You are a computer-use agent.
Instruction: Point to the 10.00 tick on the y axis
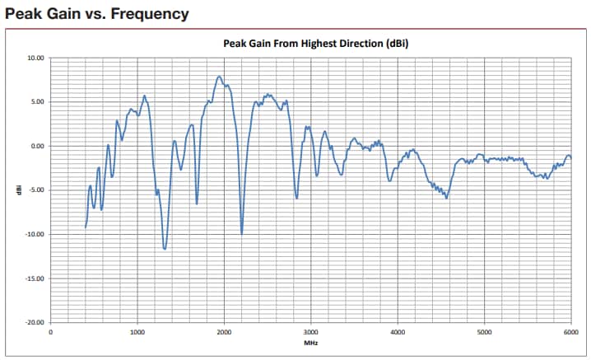pos(35,58)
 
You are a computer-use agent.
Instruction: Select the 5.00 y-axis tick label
pos(37,102)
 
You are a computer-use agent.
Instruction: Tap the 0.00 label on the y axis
pos(37,146)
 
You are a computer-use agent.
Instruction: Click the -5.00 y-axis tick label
pos(36,190)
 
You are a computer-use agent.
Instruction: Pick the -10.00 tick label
pos(35,234)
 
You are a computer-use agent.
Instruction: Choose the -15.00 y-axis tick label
pos(35,278)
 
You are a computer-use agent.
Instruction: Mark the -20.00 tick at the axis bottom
pos(35,322)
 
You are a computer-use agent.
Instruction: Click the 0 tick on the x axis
pos(51,332)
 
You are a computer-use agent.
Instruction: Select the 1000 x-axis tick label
pos(137,332)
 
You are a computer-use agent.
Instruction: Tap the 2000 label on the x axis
pos(224,332)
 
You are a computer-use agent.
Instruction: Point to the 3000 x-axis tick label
pos(311,332)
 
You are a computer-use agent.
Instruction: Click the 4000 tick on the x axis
pos(398,332)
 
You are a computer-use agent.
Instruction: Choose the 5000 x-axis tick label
pos(484,332)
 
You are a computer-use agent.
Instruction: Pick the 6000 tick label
pos(570,332)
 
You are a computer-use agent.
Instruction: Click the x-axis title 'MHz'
pos(310,343)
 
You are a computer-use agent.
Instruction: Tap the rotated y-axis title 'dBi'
pos(17,190)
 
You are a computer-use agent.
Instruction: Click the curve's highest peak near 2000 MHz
pos(219,77)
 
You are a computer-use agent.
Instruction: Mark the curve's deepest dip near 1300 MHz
pos(165,248)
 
